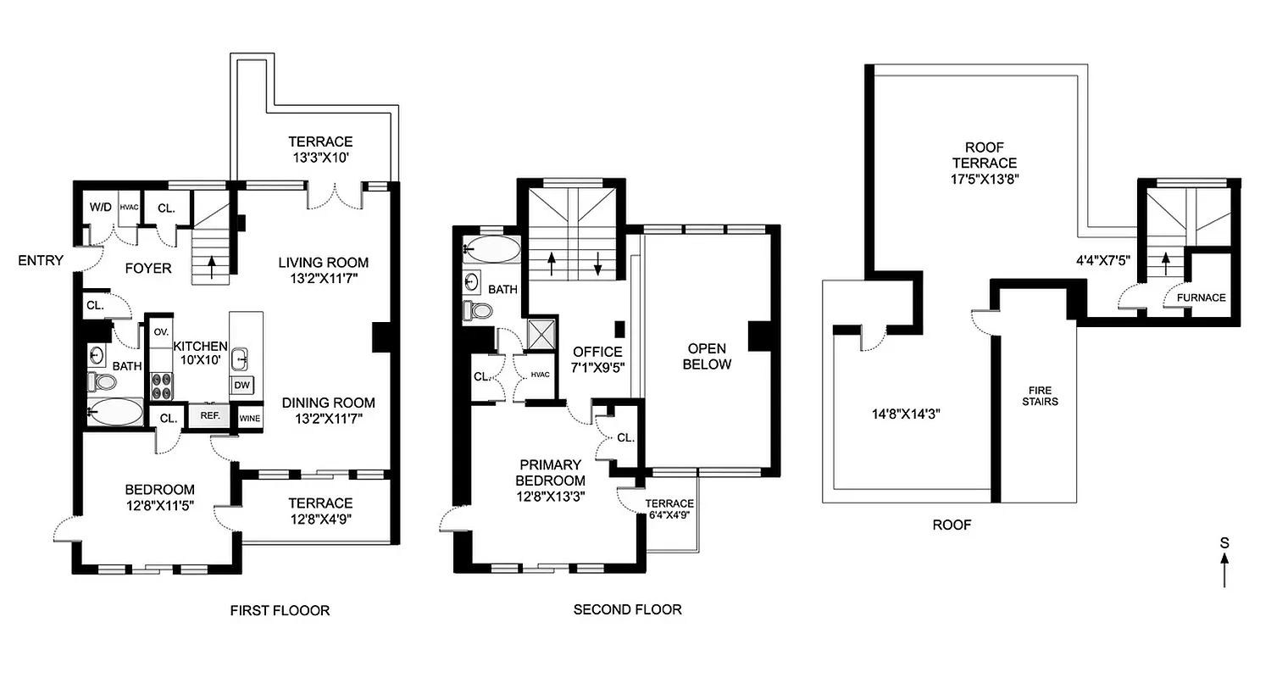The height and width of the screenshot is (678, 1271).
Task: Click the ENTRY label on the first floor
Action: (x=41, y=260)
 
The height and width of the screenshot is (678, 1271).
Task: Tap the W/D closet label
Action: (x=100, y=207)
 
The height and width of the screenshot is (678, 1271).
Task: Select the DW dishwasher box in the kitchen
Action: (x=241, y=386)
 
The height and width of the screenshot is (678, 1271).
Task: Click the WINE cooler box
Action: (x=249, y=417)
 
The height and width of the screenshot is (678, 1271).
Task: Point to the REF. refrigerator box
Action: (x=209, y=417)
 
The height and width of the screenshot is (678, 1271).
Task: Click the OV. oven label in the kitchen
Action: (x=161, y=331)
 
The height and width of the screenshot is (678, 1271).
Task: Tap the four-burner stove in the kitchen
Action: (x=161, y=386)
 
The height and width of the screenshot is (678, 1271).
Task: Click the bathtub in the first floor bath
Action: (x=116, y=413)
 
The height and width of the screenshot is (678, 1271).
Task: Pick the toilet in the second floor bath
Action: (x=479, y=311)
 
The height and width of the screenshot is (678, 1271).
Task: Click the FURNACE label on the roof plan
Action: (x=1202, y=297)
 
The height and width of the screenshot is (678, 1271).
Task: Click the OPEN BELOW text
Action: (x=707, y=356)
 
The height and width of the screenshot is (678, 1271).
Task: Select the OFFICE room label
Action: (x=597, y=352)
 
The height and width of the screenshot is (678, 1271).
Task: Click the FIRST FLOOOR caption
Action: (x=280, y=610)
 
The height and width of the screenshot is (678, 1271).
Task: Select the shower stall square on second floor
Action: (x=541, y=331)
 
